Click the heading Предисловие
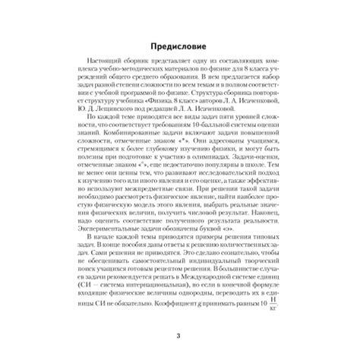point(179,43)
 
